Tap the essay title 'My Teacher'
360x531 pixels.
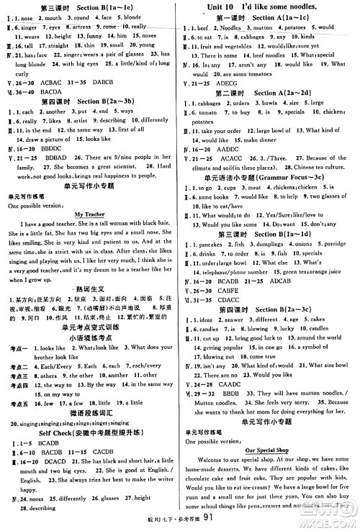point(90,214)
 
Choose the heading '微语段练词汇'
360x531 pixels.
point(90,413)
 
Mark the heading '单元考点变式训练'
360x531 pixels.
point(90,307)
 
